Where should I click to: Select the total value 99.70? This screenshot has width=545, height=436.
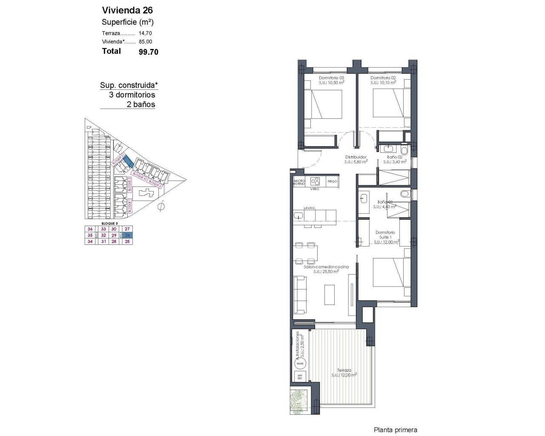click(x=148, y=52)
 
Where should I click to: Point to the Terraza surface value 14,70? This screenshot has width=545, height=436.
click(x=145, y=33)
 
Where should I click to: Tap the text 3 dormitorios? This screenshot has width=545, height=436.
click(x=132, y=95)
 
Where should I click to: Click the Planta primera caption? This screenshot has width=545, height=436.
click(x=395, y=430)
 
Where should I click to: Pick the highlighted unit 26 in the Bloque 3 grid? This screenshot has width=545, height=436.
click(x=127, y=235)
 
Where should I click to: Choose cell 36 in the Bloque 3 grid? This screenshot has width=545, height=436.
click(x=90, y=229)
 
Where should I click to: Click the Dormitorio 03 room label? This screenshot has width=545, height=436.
click(x=331, y=78)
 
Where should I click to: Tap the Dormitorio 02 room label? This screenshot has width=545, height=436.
click(x=383, y=78)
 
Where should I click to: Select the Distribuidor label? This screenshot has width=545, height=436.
click(x=356, y=157)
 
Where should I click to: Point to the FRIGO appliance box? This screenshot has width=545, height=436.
click(x=333, y=181)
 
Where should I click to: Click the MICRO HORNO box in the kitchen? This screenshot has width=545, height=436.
click(x=299, y=182)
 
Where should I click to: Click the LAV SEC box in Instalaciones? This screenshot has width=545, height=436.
click(x=300, y=376)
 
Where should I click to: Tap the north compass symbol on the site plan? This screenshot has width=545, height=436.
click(x=161, y=207)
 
